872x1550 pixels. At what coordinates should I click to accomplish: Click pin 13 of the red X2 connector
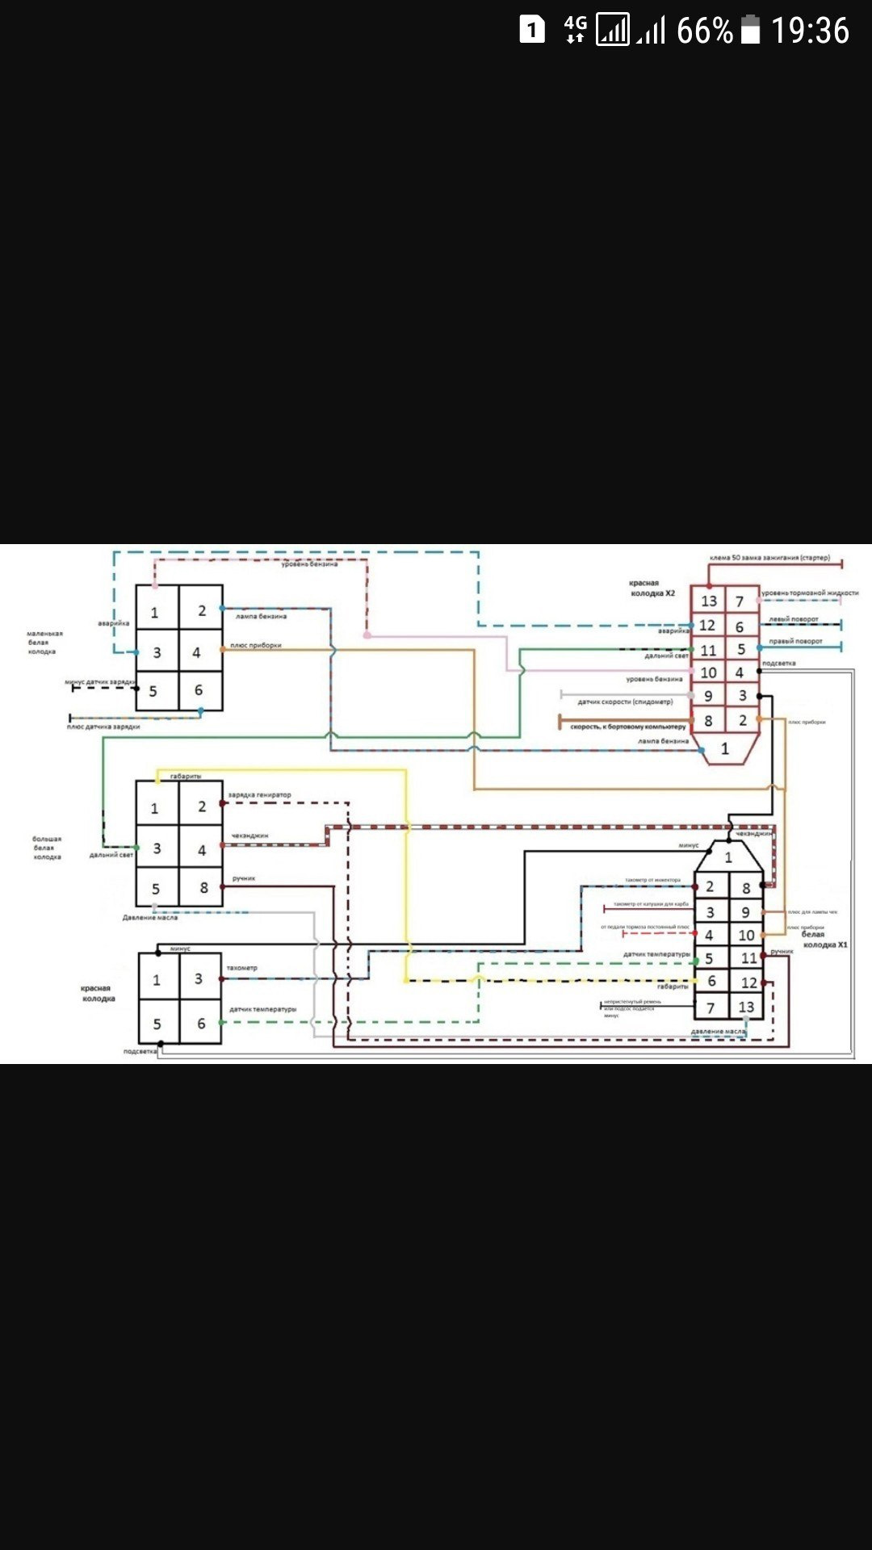coord(709,601)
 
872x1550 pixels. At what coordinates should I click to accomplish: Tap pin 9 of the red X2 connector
coord(708,696)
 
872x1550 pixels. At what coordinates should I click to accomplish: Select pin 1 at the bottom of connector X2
coord(725,749)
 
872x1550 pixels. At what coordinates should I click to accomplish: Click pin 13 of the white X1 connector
coord(746,1007)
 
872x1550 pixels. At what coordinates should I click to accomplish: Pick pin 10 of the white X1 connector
coord(746,935)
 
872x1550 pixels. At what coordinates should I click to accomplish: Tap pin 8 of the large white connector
coord(203,888)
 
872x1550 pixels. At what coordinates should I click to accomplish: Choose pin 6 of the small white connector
coord(199,690)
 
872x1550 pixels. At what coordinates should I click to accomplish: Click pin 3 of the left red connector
coord(199,978)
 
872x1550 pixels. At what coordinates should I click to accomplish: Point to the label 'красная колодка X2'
coord(652,588)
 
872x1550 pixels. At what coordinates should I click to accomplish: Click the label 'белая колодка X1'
coord(824,940)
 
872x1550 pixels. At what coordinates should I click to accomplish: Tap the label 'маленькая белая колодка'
coord(44,643)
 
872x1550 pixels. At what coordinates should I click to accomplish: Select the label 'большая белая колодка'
coord(47,848)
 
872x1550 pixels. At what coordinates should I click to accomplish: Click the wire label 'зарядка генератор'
coord(259,795)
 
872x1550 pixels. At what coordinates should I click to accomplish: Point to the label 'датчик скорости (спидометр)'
coord(625,702)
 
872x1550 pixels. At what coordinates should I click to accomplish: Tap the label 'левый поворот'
coord(793,619)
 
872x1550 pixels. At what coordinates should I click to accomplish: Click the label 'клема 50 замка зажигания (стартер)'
coord(769,558)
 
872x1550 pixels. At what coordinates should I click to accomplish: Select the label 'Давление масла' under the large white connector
coord(150,918)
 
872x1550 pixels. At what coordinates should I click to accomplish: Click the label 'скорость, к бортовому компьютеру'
coord(627,727)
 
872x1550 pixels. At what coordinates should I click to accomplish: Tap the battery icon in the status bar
coord(751,31)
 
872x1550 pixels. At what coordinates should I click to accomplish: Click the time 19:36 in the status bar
coord(810,31)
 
